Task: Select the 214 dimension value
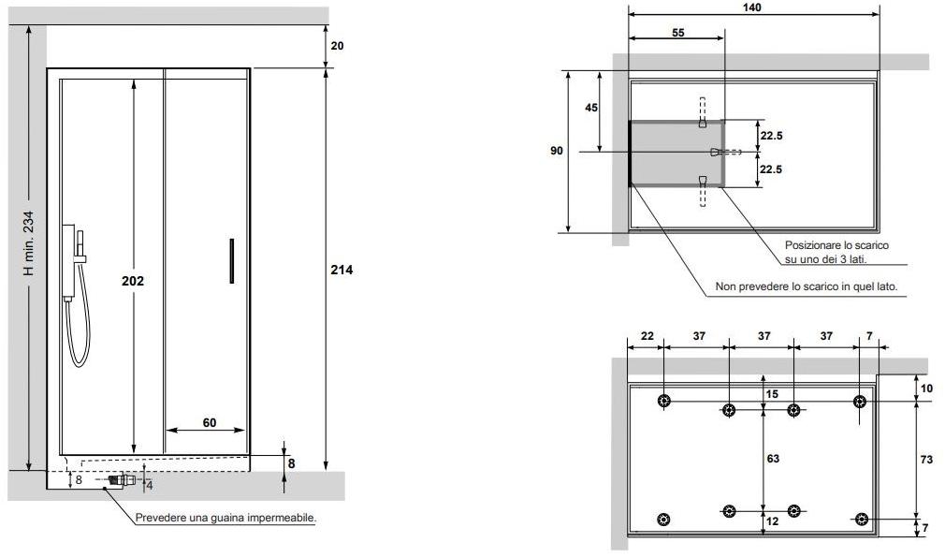point(342,270)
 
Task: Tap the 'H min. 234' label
point(29,242)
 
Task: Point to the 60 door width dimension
point(209,422)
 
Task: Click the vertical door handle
point(229,260)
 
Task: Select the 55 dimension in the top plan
point(677,32)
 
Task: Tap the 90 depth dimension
point(558,151)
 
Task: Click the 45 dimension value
point(591,108)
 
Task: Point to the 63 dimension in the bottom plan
point(773,459)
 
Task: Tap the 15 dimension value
point(773,394)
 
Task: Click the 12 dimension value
point(773,520)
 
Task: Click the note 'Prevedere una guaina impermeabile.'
point(225,517)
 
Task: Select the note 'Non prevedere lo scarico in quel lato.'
point(807,286)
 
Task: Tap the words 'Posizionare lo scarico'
point(836,244)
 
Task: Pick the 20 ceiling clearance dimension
point(337,45)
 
